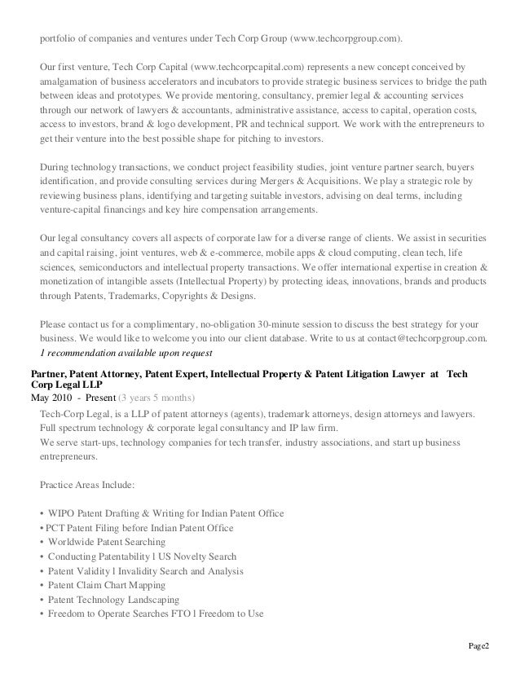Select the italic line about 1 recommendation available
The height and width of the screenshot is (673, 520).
[126, 353]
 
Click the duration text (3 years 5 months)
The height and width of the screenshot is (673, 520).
[156, 398]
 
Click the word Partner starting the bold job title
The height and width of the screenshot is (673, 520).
[49, 372]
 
